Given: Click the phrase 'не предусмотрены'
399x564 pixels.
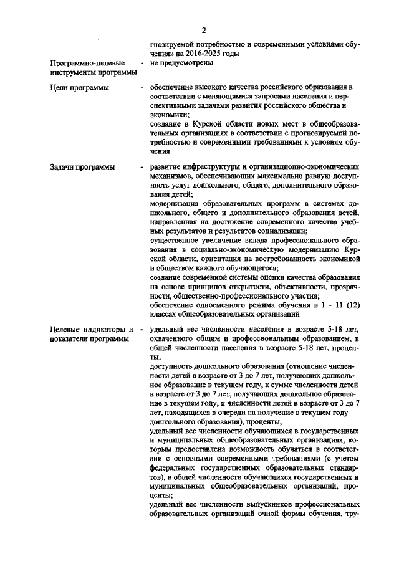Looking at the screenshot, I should [x=181, y=63].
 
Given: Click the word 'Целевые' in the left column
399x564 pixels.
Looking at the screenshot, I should [x=68, y=329].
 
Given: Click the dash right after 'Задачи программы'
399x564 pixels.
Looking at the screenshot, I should [x=143, y=168].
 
